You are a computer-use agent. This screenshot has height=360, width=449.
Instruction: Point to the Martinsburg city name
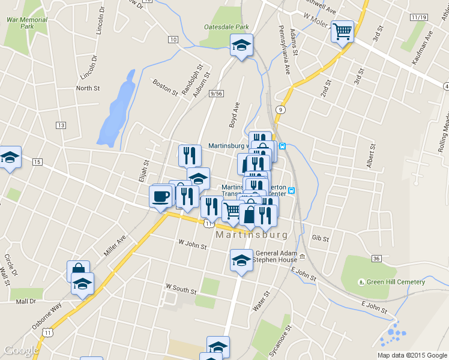click(252, 235)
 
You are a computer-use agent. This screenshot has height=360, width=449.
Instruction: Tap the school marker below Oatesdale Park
click(242, 45)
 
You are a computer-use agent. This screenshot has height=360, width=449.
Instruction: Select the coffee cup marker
click(161, 196)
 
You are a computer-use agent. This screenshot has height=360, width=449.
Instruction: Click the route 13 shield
click(61, 125)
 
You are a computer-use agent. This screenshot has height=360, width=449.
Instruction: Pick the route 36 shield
click(376, 258)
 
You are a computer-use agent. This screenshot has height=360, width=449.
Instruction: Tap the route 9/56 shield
click(216, 94)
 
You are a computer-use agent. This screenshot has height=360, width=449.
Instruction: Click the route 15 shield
click(37, 162)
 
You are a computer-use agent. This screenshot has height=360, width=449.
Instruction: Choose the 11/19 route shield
click(419, 17)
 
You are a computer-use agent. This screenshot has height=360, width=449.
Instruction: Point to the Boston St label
click(165, 88)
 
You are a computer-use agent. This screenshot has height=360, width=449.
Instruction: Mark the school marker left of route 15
click(10, 158)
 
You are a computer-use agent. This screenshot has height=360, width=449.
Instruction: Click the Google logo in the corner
click(21, 350)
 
